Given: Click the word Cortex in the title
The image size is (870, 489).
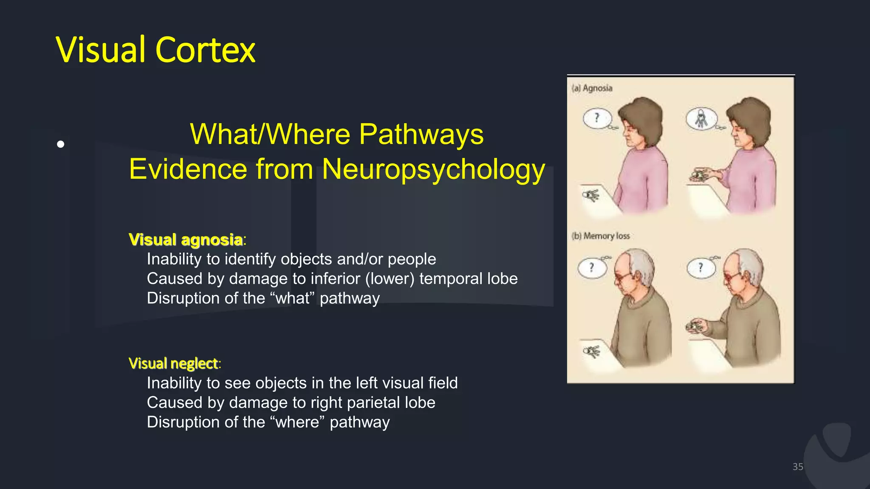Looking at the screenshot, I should [x=205, y=50].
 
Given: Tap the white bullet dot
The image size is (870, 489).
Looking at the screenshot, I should [x=61, y=144].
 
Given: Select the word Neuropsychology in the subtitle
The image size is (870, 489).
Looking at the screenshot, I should [x=433, y=169].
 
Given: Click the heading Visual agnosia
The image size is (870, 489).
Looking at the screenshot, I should [x=186, y=239].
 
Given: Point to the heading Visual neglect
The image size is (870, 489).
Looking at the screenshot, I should [x=173, y=363].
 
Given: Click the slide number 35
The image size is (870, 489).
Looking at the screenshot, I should [x=798, y=467].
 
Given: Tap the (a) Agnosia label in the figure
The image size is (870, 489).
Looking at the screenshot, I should [x=592, y=88].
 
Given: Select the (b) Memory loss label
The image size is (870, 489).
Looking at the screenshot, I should [x=601, y=236].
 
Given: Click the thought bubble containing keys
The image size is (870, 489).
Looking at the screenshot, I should [x=701, y=118].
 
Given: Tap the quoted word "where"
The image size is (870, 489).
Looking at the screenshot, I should [x=297, y=422].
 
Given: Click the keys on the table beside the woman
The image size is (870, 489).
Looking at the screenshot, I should [x=590, y=195].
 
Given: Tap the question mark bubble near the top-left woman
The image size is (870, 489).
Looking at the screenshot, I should [x=597, y=118].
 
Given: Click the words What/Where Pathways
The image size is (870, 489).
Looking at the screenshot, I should [x=336, y=134].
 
